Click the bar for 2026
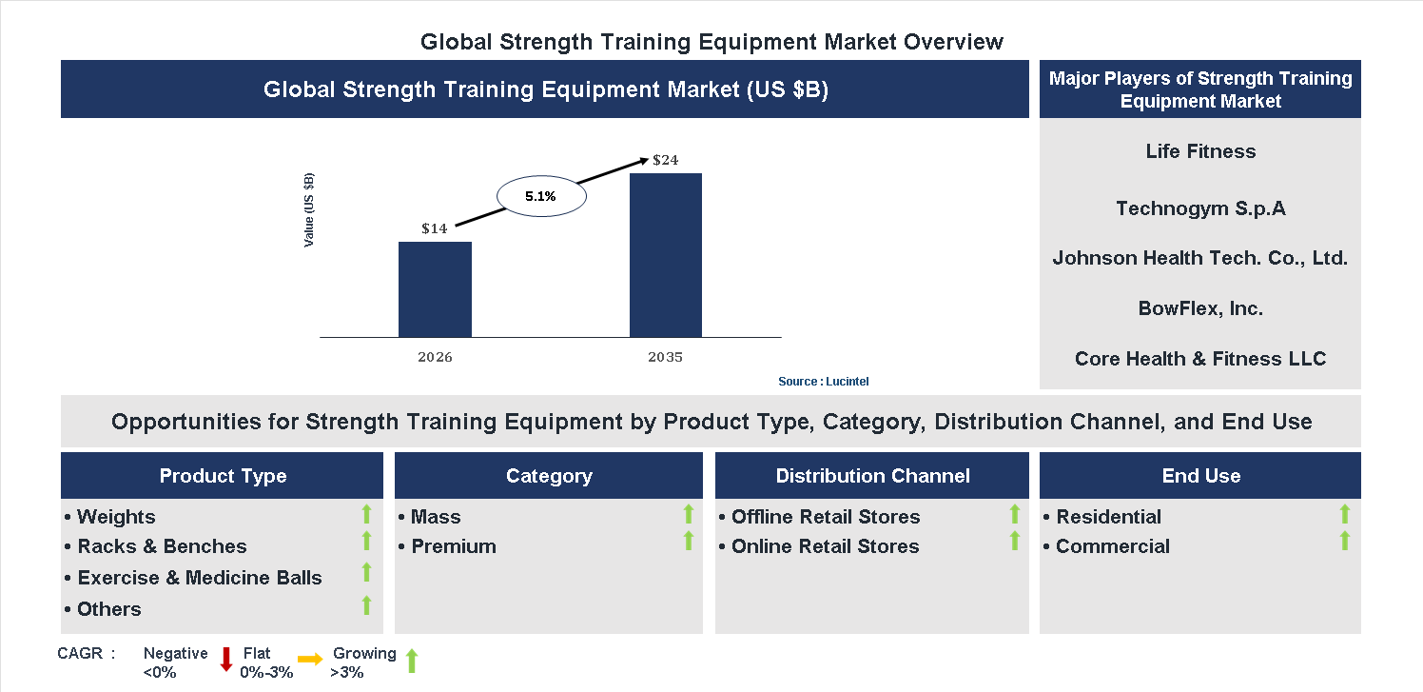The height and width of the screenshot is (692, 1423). [435, 289]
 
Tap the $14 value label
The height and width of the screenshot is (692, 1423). [435, 228]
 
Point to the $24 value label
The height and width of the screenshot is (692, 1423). [665, 160]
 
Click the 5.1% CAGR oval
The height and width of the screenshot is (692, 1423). [541, 197]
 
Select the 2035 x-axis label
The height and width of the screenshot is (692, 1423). [665, 358]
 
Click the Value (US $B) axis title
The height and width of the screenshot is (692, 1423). [309, 210]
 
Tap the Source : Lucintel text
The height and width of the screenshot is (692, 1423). [823, 382]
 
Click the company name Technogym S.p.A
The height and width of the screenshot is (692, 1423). [1200, 208]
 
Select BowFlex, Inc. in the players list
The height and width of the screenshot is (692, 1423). [1200, 308]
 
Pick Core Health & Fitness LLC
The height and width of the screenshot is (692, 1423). [1200, 359]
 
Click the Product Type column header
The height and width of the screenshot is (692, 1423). [223, 476]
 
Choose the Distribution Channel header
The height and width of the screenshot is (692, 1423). [872, 476]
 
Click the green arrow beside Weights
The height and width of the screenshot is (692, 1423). [366, 515]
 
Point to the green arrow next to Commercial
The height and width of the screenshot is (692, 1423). [1344, 541]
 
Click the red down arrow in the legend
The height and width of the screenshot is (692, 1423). [226, 659]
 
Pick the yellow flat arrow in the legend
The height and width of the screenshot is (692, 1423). [310, 659]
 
